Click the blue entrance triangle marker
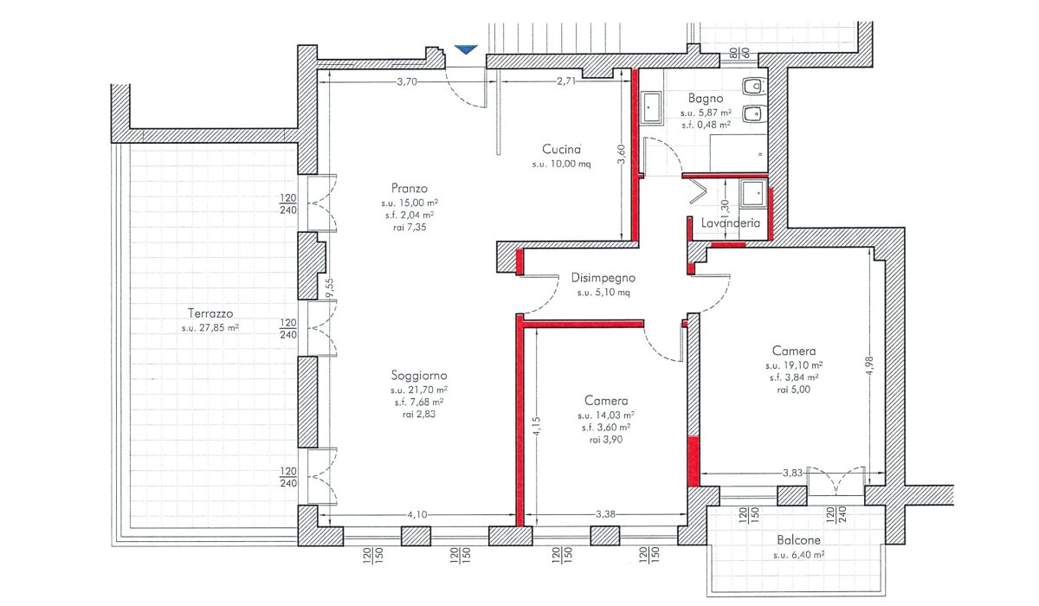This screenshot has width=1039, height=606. tap(466, 49)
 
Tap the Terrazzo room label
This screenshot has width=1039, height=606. tap(210, 313)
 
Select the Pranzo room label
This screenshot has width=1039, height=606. tap(409, 188)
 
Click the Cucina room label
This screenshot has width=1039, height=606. tap(561, 149)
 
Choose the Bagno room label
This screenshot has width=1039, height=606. tap(706, 99)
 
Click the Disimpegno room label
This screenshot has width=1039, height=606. tap(603, 278)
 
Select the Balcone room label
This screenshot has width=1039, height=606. tap(798, 540)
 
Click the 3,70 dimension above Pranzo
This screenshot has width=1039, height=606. tap(407, 82)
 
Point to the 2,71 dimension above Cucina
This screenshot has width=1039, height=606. tap(566, 81)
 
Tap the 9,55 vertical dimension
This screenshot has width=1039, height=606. tap(329, 288)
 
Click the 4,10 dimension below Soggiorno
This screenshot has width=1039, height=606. tap(417, 514)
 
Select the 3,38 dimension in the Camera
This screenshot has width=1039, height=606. tap(605, 513)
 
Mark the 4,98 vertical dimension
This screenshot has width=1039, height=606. tap(869, 366)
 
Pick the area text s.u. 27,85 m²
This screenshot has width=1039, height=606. tap(210, 328)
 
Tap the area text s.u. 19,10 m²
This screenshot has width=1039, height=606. tap(794, 365)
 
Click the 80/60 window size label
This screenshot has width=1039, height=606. tap(739, 53)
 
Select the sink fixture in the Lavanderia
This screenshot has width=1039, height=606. tap(752, 193)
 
